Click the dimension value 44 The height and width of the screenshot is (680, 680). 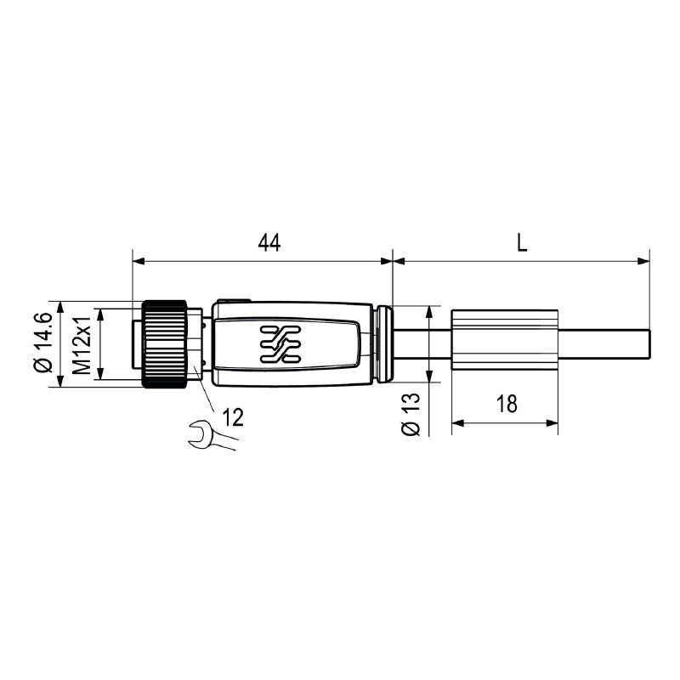tap(269, 243)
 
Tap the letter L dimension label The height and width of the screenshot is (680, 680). tap(522, 243)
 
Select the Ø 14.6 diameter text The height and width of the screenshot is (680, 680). tap(43, 342)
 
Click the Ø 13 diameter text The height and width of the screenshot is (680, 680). tap(411, 414)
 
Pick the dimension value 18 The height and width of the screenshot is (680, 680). tap(507, 404)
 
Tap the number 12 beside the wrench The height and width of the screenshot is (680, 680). tap(233, 417)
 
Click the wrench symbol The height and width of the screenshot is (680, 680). tap(212, 435)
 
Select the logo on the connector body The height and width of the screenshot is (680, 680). tap(280, 344)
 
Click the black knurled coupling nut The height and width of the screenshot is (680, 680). tap(165, 344)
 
